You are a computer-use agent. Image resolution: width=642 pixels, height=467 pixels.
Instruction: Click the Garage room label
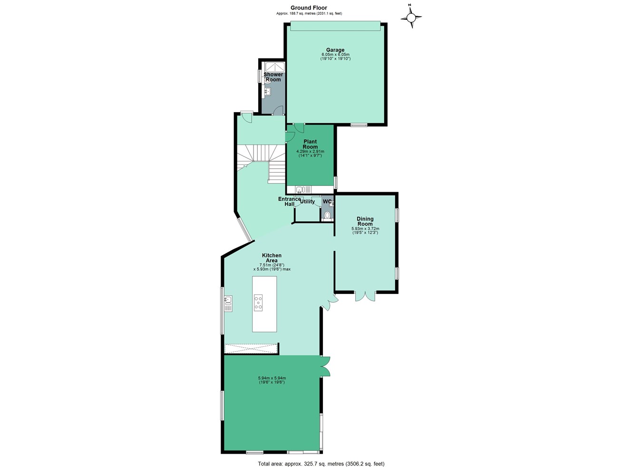pos(335,50)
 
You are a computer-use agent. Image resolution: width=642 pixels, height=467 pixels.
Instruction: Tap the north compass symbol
pos(411,18)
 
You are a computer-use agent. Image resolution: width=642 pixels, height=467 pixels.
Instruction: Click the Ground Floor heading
pos(309,8)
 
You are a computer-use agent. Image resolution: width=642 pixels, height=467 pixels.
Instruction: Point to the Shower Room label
pos(273,77)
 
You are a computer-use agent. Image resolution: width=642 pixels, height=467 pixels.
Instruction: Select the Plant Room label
pos(310,144)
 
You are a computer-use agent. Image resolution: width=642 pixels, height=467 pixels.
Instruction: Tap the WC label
pos(327,202)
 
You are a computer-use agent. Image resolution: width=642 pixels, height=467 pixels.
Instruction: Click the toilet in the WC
pos(326,215)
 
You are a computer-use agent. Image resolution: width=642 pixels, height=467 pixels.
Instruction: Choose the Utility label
pos(307,202)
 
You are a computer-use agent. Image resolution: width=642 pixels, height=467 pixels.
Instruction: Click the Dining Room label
pos(365,221)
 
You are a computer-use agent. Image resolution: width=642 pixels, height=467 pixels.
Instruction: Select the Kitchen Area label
pos(272,258)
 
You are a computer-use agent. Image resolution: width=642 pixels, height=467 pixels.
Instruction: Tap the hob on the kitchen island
pos(258,303)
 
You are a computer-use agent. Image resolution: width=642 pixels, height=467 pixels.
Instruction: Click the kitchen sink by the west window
pos(228,302)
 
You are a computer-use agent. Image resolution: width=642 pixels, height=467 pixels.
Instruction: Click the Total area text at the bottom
pos(321,464)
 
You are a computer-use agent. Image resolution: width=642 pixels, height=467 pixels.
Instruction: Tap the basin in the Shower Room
pos(267,92)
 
